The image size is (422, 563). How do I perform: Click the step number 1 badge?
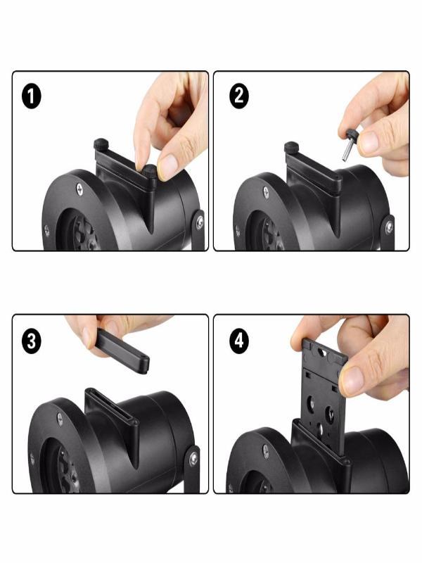coord(32,96)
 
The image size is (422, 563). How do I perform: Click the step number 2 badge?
coord(238,96)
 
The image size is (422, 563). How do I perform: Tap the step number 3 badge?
coord(32,341)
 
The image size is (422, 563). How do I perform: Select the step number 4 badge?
coord(238,340)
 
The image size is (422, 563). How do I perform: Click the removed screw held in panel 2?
coord(350,146)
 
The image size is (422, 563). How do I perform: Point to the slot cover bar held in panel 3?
coord(122,353)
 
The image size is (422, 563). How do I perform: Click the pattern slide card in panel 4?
coord(324,396)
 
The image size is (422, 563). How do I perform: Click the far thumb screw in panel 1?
coord(101,144)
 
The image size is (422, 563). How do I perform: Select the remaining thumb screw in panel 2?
coord(292,148)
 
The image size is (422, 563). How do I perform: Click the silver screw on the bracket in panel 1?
coord(200,221)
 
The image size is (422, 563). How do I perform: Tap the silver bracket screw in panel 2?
coord(389,227)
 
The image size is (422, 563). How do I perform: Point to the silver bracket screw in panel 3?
coord(193,459)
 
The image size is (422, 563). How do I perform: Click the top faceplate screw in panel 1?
coord(79,189)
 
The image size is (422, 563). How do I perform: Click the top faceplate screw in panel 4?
coord(266,450)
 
